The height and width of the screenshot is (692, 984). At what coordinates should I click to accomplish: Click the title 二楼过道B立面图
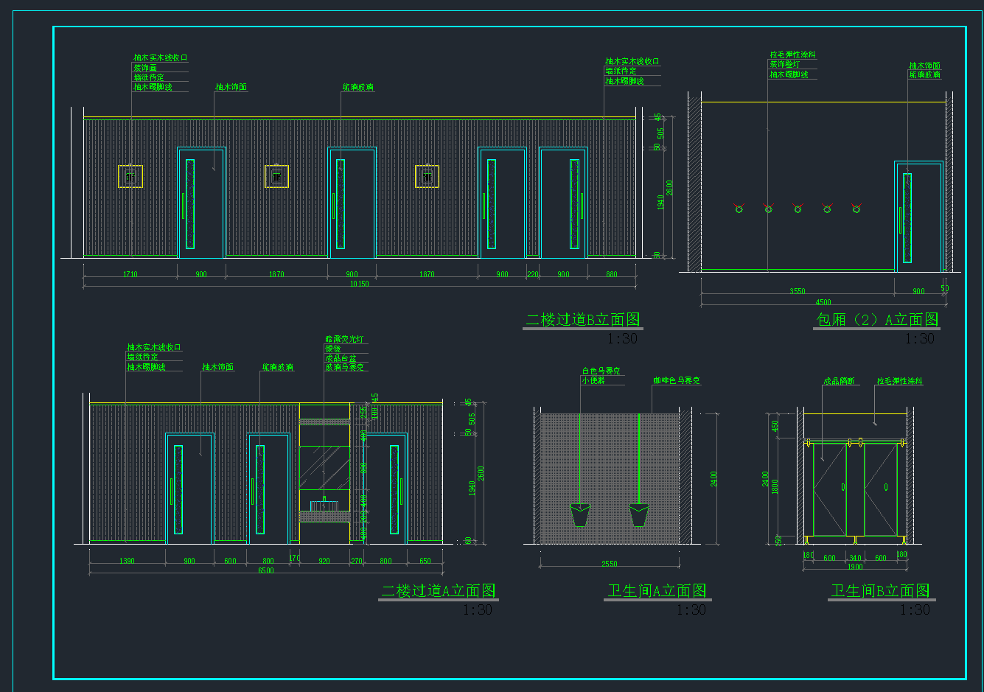pos(582,320)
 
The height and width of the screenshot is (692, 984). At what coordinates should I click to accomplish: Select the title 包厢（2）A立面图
pos(877,320)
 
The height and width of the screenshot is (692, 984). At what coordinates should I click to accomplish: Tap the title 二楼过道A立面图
pos(438,591)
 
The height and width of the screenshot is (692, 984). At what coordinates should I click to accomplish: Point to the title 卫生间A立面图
pos(657,591)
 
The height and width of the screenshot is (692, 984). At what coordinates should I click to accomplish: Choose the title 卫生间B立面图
pos(880,591)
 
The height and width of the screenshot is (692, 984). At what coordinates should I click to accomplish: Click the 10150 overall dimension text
pos(360,284)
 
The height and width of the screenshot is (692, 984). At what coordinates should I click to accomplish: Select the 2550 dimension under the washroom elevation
pos(610,565)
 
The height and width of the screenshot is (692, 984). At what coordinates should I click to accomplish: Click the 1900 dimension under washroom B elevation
pos(854,567)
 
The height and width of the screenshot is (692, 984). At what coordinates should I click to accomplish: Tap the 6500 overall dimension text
pos(265,571)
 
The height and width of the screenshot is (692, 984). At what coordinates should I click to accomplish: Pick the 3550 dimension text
pos(797,292)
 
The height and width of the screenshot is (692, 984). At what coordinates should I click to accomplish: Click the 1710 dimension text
pos(130,275)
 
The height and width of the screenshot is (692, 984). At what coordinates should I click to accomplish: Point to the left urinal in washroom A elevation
pos(580,514)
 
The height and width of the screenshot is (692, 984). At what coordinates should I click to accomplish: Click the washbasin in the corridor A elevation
pos(324,506)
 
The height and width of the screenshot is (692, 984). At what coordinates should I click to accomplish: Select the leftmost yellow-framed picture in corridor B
pos(130,176)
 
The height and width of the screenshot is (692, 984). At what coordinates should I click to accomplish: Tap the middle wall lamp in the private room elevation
pos(798,209)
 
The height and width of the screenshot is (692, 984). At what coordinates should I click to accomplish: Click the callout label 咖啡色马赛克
pos(676,382)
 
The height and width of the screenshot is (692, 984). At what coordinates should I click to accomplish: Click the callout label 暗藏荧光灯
pos(344,340)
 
